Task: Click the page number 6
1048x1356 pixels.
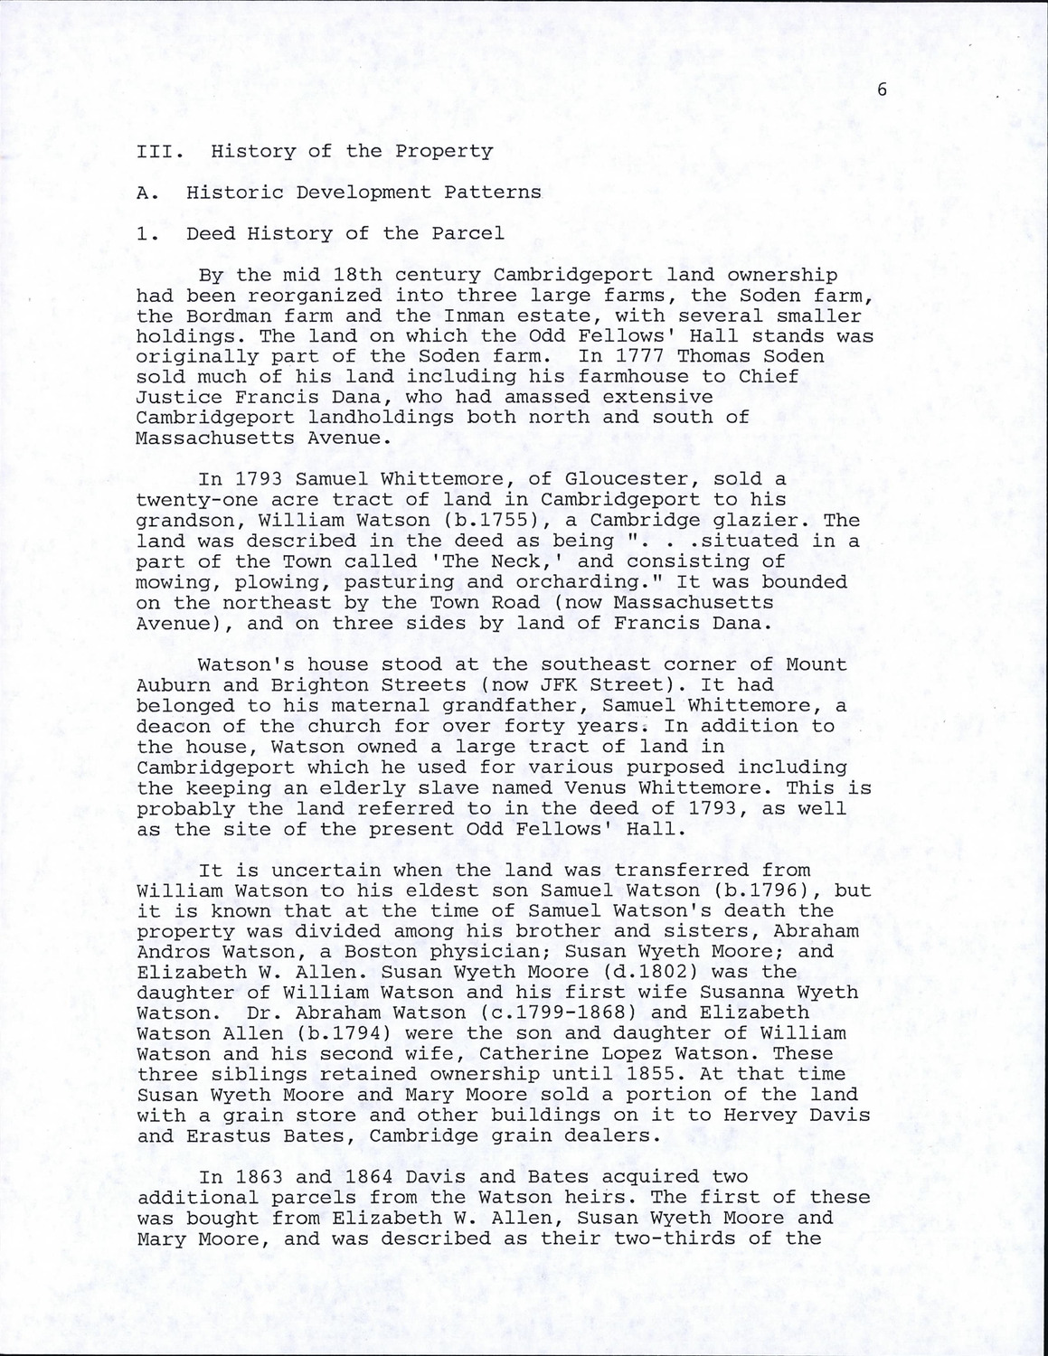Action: tap(880, 89)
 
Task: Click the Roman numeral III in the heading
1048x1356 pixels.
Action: tap(155, 151)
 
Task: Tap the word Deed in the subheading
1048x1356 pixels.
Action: tap(211, 233)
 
